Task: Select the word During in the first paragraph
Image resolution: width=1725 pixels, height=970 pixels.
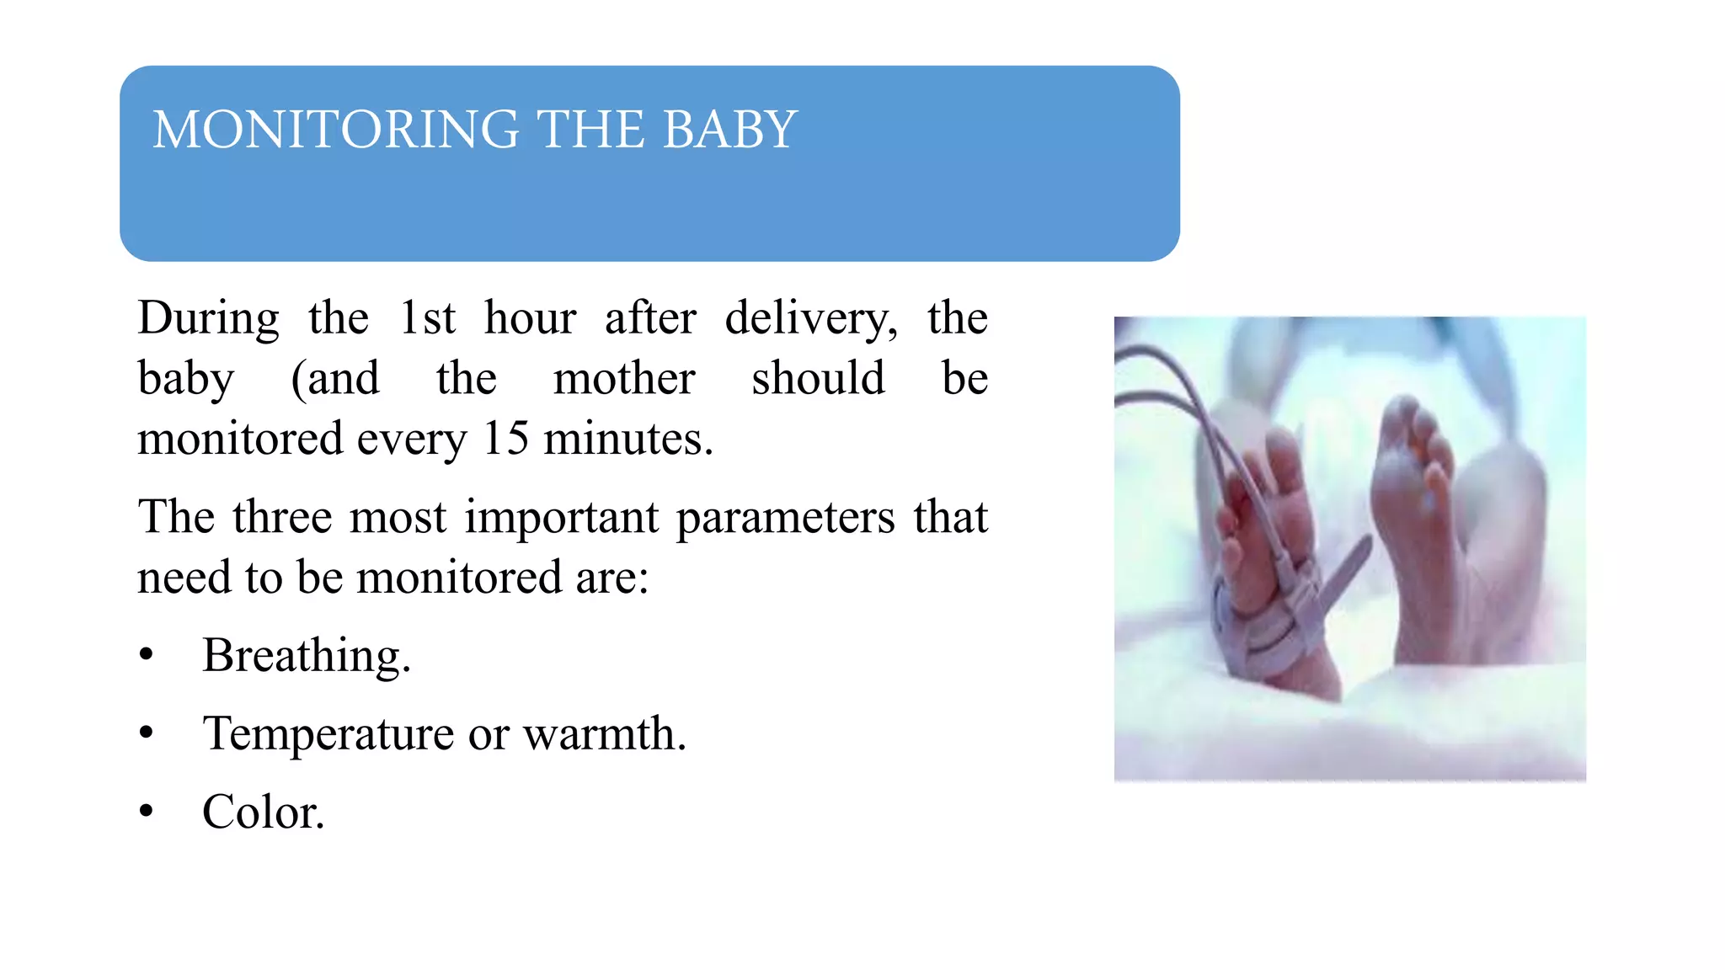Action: pyautogui.click(x=208, y=318)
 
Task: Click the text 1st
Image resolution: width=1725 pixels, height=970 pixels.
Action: pyautogui.click(x=427, y=318)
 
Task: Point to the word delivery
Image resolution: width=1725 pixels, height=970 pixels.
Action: pyautogui.click(x=810, y=318)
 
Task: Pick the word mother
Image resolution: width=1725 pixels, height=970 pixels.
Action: pyautogui.click(x=624, y=378)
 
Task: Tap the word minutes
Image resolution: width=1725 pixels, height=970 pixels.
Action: pyautogui.click(x=628, y=439)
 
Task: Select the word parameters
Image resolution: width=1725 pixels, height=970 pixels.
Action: pyautogui.click(x=785, y=516)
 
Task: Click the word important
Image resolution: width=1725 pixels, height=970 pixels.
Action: pyautogui.click(x=562, y=516)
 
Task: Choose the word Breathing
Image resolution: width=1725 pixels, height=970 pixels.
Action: pyautogui.click(x=307, y=655)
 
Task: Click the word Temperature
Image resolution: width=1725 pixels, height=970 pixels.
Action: pyautogui.click(x=328, y=733)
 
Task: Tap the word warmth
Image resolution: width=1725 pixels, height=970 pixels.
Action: pyautogui.click(x=604, y=733)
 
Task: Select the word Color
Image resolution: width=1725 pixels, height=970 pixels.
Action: pyautogui.click(x=263, y=812)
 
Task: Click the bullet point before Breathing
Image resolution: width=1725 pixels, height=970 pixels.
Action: pyautogui.click(x=147, y=655)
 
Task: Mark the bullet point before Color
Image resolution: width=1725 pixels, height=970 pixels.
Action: pyautogui.click(x=147, y=812)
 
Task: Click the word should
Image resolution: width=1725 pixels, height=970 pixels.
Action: pyautogui.click(x=818, y=378)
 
